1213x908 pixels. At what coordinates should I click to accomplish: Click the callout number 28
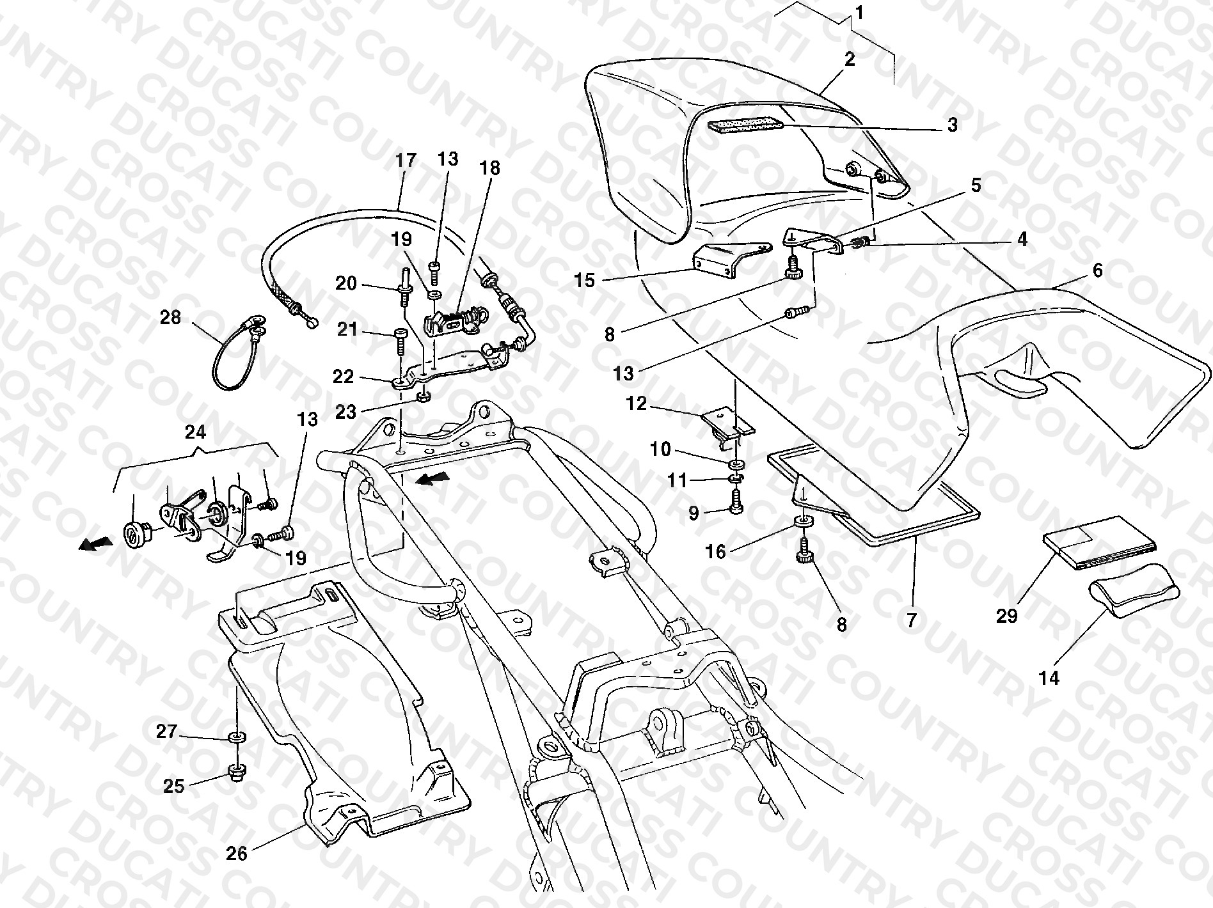pyautogui.click(x=171, y=317)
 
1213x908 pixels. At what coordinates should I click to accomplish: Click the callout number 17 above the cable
pyautogui.click(x=406, y=160)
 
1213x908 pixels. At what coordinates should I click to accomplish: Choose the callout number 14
pyautogui.click(x=1049, y=678)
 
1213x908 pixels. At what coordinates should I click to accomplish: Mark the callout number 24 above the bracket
pyautogui.click(x=195, y=433)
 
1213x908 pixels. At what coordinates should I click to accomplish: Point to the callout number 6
pyautogui.click(x=1098, y=270)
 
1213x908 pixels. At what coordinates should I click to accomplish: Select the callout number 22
pyautogui.click(x=343, y=376)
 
